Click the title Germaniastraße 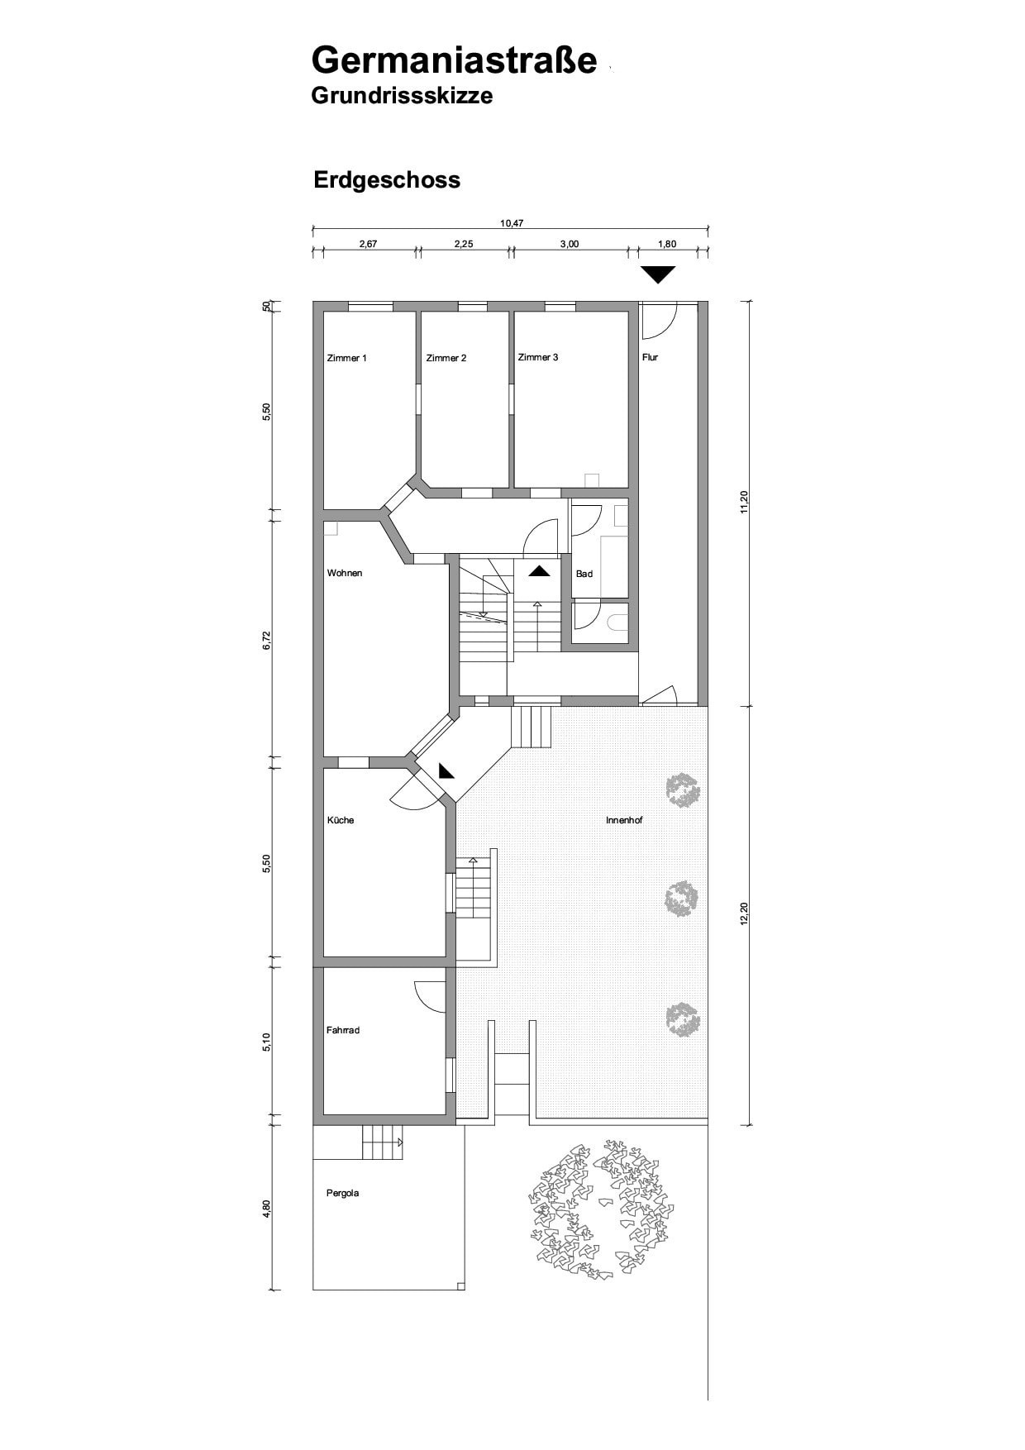click(x=454, y=60)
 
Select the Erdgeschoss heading click(x=387, y=180)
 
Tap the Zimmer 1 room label click(x=347, y=358)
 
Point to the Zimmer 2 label click(x=446, y=358)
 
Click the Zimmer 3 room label click(x=538, y=357)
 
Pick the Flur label click(x=651, y=357)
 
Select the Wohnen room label click(x=345, y=573)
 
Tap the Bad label click(x=584, y=574)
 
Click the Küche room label click(x=341, y=820)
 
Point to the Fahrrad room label click(x=343, y=1030)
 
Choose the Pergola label click(x=342, y=1193)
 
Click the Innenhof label click(x=624, y=820)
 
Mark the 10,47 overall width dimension click(x=512, y=222)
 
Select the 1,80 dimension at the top click(x=666, y=244)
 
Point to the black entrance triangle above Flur click(x=659, y=274)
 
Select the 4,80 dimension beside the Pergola click(x=266, y=1208)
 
